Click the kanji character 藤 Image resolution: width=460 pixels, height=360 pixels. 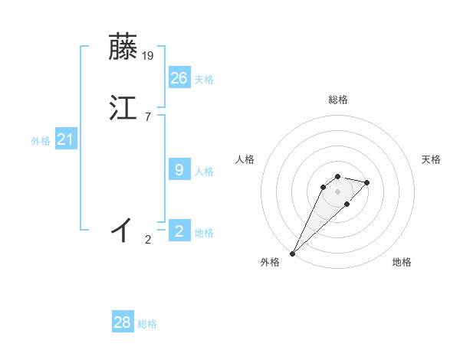pyautogui.click(x=123, y=47)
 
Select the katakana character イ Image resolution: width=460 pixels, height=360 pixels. pyautogui.click(x=123, y=229)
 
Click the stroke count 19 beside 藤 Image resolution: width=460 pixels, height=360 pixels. pyautogui.click(x=149, y=55)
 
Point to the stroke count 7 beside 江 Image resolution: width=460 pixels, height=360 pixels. pyautogui.click(x=147, y=117)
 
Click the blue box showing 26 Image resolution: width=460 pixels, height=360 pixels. pyautogui.click(x=179, y=78)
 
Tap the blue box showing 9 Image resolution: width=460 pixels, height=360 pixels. pyautogui.click(x=179, y=170)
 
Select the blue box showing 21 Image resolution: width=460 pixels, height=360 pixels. pyautogui.click(x=66, y=139)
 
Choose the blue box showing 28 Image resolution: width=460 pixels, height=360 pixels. pyautogui.click(x=123, y=322)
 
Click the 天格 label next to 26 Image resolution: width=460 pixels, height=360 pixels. pyautogui.click(x=204, y=80)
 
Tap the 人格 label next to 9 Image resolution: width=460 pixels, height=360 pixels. pyautogui.click(x=204, y=172)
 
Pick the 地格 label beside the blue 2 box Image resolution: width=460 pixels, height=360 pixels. pyautogui.click(x=204, y=233)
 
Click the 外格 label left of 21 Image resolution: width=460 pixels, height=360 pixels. pyautogui.click(x=41, y=141)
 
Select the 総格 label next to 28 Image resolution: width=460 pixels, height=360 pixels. pyautogui.click(x=147, y=324)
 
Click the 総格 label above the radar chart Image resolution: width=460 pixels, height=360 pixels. pyautogui.click(x=337, y=100)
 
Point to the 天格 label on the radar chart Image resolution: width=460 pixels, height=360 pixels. pyautogui.click(x=431, y=159)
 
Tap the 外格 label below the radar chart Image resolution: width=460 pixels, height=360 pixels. pyautogui.click(x=270, y=262)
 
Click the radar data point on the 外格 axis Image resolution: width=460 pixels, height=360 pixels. pyautogui.click(x=292, y=254)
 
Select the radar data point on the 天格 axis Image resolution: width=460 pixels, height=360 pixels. pyautogui.click(x=367, y=182)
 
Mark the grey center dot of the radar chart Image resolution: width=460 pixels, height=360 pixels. pyautogui.click(x=337, y=191)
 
